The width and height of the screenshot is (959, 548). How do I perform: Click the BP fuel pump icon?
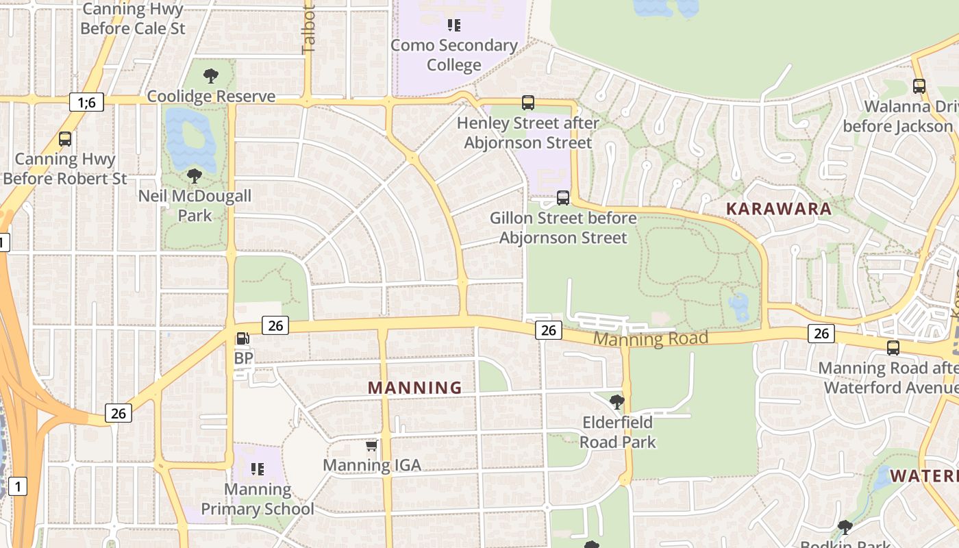coord(242,338)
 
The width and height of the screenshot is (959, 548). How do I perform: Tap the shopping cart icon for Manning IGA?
coord(371,446)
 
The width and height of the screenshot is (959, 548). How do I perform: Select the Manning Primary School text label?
coord(258,499)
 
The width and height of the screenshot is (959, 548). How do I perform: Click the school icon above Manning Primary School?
coord(258,469)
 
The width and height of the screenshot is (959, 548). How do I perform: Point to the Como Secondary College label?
coord(454,55)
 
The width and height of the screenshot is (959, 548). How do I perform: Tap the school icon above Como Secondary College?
coord(453,25)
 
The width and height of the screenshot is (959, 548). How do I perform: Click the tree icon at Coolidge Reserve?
coord(211,75)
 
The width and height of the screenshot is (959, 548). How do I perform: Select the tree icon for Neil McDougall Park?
coord(195,176)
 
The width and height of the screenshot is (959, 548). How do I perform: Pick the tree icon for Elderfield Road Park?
coord(617,402)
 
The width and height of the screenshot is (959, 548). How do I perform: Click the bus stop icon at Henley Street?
coord(527,103)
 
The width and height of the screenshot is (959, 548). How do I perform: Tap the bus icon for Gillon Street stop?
coord(563,198)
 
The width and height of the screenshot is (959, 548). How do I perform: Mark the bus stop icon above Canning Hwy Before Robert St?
coord(65,139)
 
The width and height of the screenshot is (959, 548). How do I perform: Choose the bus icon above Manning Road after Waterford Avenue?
coord(893,348)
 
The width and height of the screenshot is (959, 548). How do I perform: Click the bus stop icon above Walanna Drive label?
coord(919,86)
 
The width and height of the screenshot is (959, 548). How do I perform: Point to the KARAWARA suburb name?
coord(779,209)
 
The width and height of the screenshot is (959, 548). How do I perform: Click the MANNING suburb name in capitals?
coord(415,388)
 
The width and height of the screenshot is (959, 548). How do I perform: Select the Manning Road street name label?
coord(650,338)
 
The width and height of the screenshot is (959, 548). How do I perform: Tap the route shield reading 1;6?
coord(86,103)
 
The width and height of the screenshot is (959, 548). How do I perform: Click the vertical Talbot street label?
coord(308,31)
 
